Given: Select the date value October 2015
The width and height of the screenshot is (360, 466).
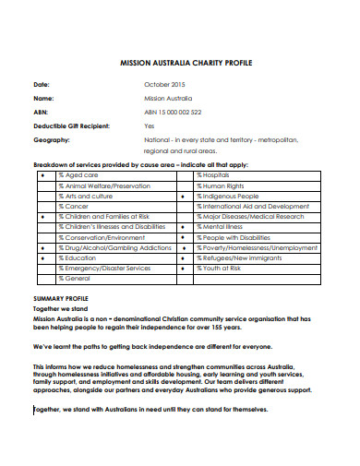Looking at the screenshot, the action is (164, 84).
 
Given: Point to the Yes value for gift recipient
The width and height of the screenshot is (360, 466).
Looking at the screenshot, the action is (150, 125).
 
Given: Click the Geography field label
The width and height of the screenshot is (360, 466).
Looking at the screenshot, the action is (52, 140).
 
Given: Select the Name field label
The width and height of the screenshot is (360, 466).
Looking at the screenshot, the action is (43, 98).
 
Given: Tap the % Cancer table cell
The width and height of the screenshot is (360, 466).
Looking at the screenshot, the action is (74, 208).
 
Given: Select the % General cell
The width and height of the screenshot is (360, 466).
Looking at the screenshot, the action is (75, 278).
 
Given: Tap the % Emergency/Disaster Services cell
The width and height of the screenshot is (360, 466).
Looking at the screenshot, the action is (104, 269).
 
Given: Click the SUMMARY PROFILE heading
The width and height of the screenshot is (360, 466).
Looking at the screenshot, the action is (60, 299).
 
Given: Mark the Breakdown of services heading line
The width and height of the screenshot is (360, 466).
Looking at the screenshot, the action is (140, 163).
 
